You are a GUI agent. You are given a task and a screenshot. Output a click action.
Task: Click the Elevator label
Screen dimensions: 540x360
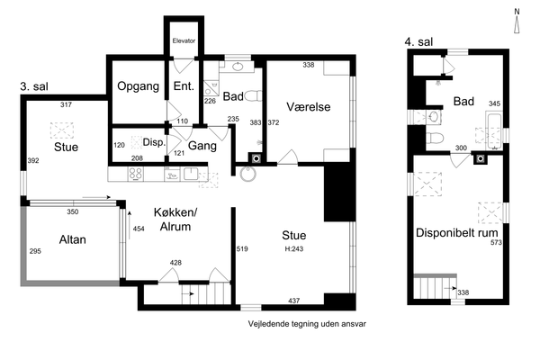click(x=184, y=40)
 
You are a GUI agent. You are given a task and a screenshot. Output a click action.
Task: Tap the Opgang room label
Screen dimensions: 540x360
click(x=138, y=86)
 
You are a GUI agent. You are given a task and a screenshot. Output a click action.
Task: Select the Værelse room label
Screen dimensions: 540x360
click(x=308, y=107)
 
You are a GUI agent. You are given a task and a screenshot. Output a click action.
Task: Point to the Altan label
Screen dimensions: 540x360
click(x=72, y=239)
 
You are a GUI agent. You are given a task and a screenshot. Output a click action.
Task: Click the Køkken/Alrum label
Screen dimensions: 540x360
click(x=175, y=220)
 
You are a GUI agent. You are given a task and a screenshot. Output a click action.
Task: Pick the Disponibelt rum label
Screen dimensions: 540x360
click(x=456, y=232)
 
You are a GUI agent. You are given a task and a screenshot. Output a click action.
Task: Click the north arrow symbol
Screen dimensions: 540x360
click(x=517, y=22)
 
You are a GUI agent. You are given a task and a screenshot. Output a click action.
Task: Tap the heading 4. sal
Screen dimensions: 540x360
click(x=418, y=42)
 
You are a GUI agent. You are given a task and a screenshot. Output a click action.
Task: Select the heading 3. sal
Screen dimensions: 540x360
click(x=34, y=86)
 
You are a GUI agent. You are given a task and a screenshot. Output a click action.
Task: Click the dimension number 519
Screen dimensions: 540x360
click(x=242, y=248)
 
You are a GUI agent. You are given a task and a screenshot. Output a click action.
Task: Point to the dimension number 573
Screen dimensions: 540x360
click(x=496, y=242)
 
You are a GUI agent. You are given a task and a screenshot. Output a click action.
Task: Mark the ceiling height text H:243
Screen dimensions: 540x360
click(x=294, y=248)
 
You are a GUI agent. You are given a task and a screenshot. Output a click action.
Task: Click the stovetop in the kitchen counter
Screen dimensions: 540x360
click(x=136, y=174)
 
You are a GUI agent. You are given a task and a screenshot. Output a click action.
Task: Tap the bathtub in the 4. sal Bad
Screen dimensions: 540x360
click(x=494, y=130)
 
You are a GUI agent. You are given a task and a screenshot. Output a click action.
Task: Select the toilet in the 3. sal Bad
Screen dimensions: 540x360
click(x=253, y=95)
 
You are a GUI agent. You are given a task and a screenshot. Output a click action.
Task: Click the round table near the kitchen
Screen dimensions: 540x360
click(x=248, y=174)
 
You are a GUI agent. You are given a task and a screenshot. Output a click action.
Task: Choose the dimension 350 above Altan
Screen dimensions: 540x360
click(x=73, y=211)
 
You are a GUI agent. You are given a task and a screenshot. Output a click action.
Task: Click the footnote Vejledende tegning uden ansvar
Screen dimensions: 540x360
click(x=307, y=324)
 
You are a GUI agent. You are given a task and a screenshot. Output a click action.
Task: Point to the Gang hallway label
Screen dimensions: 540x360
click(x=202, y=146)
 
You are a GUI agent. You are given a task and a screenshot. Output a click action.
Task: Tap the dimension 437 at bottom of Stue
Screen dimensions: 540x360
click(x=293, y=301)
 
